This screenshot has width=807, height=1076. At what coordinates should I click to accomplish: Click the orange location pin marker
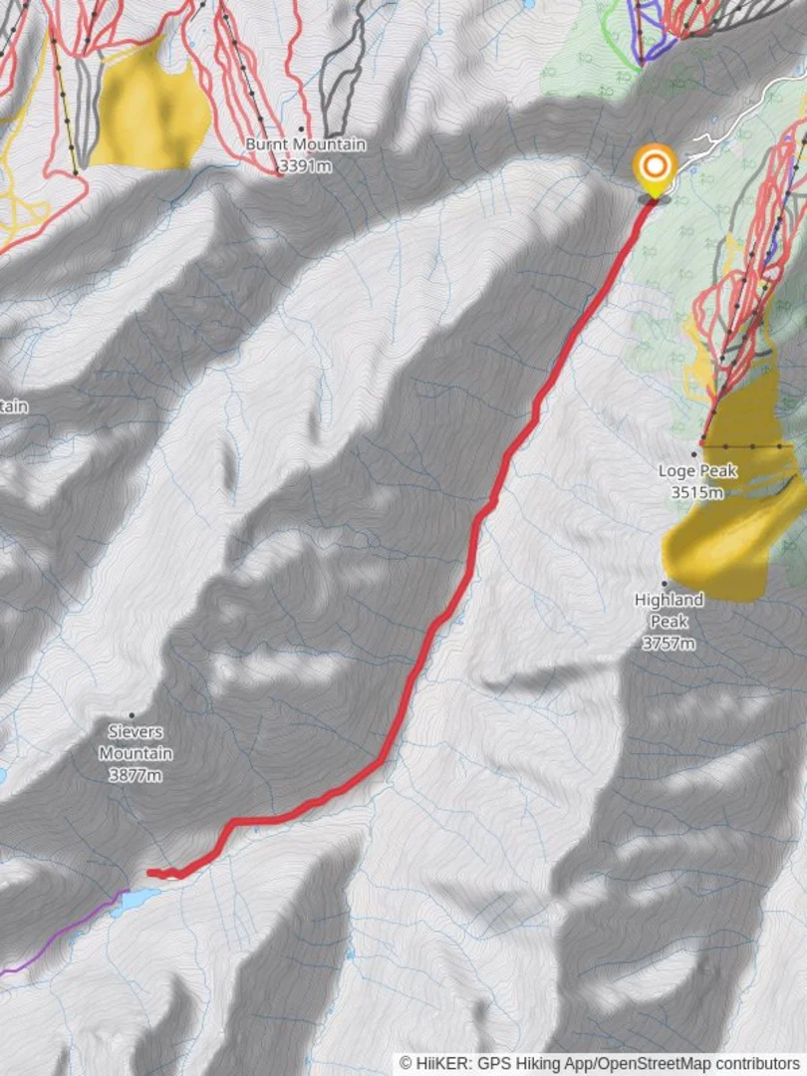click(656, 167)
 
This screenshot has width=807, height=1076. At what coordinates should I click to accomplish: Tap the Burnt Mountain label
click(306, 145)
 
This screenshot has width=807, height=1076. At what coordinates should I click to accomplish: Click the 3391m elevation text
click(305, 165)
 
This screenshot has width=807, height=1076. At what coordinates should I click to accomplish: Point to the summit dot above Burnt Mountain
click(301, 129)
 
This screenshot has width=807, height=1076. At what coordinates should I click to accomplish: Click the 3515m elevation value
click(697, 492)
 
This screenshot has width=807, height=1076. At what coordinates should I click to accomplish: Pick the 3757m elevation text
click(669, 644)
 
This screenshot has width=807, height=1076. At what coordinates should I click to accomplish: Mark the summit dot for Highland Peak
click(664, 584)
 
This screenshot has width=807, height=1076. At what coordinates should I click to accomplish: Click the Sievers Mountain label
click(135, 742)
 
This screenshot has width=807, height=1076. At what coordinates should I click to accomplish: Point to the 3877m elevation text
click(135, 775)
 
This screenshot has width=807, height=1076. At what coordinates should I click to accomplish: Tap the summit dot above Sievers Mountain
click(131, 715)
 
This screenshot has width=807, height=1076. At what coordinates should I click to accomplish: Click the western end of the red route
click(149, 874)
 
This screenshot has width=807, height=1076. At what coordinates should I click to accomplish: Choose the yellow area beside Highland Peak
click(722, 538)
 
